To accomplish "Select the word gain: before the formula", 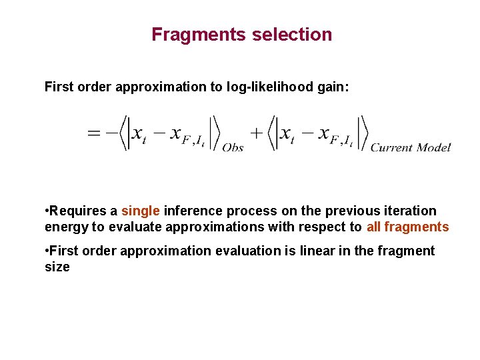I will point(331,87).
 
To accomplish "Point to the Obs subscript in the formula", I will point(233,148).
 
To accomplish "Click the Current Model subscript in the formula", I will point(411,148).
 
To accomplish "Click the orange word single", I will point(140,211).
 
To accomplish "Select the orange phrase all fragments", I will point(407,227).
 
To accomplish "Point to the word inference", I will point(191,211).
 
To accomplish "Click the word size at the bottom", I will point(57,267).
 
